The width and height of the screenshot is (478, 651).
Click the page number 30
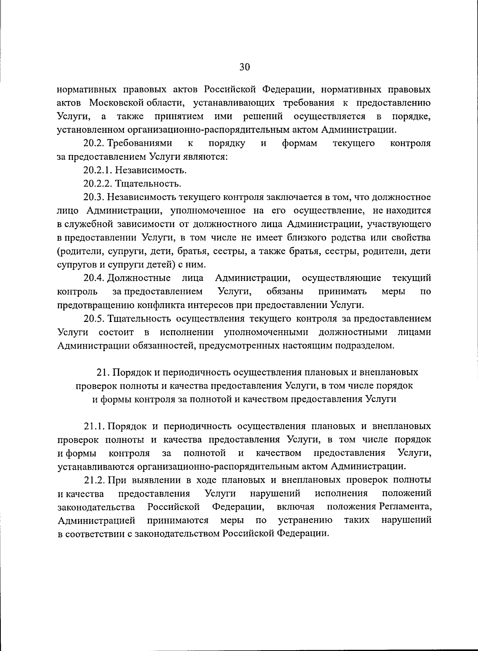(x=244, y=67)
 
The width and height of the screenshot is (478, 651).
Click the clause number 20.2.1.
(x=98, y=170)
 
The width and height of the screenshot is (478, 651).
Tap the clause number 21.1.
(x=94, y=426)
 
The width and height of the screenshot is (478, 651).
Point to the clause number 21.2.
(x=94, y=480)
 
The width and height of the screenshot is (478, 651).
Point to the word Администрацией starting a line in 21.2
(x=96, y=520)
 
